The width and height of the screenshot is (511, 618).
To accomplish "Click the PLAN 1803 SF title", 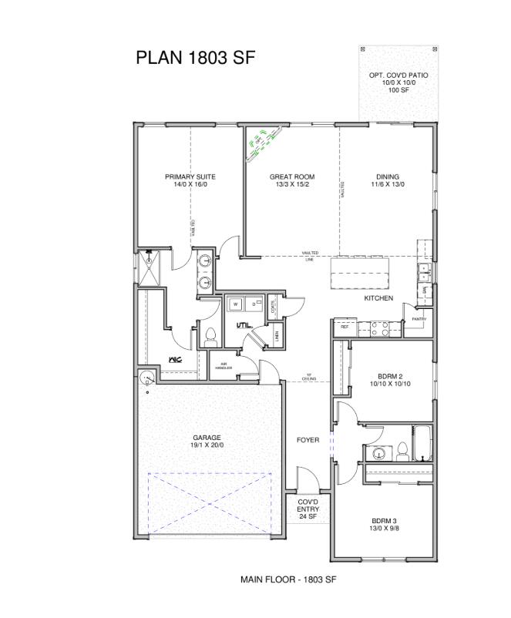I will pyautogui.click(x=194, y=58).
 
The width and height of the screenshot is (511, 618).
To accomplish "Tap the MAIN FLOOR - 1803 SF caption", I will pyautogui.click(x=289, y=578).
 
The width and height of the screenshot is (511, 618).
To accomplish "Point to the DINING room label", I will pyautogui.click(x=388, y=180).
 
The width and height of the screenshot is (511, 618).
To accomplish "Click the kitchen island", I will pyautogui.click(x=360, y=271).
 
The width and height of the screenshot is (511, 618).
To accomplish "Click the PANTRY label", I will pyautogui.click(x=419, y=319).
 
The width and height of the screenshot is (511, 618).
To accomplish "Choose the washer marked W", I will pyautogui.click(x=234, y=304).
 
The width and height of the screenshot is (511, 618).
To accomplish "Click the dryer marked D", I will pyautogui.click(x=253, y=304).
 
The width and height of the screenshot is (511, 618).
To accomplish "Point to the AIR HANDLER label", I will pyautogui.click(x=224, y=366).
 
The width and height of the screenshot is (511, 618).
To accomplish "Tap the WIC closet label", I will pyautogui.click(x=175, y=359).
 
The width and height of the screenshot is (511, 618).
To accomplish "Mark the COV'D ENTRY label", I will pyautogui.click(x=308, y=509).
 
